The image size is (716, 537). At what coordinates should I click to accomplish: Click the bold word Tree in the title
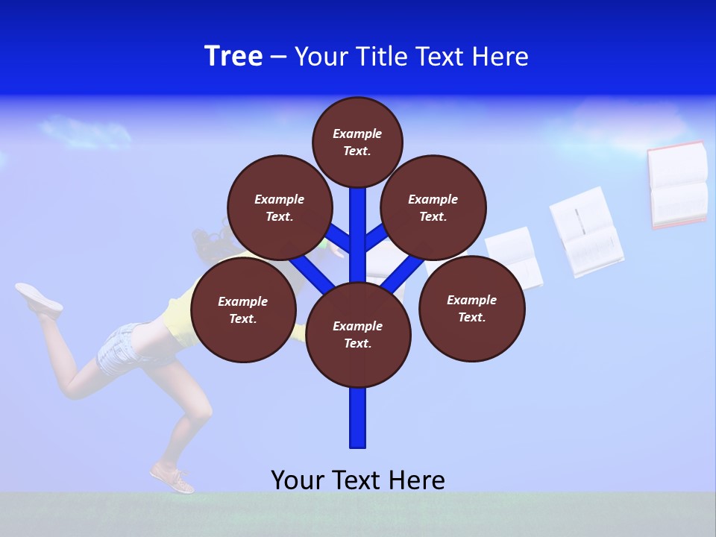coord(233,56)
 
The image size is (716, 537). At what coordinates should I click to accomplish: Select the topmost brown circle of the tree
coord(357,142)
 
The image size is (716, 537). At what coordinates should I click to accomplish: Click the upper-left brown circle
coord(279,207)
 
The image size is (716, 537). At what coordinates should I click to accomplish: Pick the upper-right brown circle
coord(433,207)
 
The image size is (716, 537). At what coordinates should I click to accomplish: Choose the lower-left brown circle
coord(242,310)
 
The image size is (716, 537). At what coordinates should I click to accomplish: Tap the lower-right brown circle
coord(471,308)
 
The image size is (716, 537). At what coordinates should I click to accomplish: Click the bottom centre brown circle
coord(358,334)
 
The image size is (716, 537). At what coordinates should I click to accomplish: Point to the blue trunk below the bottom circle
coord(358,418)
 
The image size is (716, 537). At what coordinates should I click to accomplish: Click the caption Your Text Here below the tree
coord(358,480)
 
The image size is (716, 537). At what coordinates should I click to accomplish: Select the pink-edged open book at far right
coord(677,184)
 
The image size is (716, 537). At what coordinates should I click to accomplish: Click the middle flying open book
coord(586,232)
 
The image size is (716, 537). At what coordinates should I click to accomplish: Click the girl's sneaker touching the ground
coord(172,479)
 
